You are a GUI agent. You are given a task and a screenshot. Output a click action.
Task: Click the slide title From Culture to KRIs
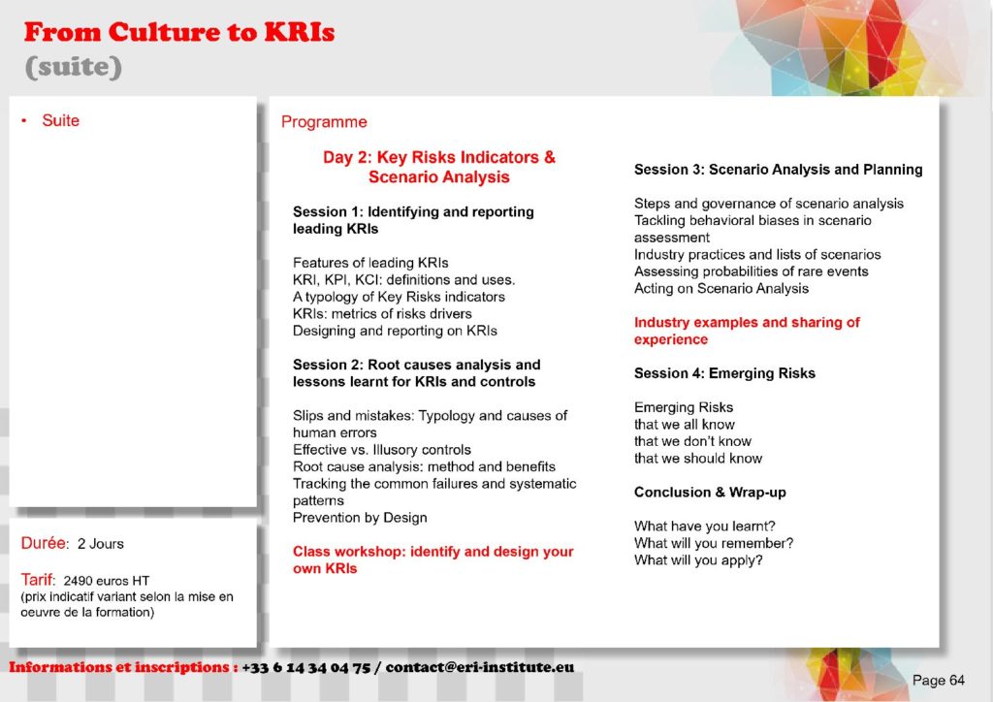179,32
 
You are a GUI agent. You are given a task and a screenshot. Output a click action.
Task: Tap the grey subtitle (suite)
74,67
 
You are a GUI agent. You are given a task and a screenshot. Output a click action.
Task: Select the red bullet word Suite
61,120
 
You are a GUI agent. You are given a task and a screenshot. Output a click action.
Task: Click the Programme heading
324,121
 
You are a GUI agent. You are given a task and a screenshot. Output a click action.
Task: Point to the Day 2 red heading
439,167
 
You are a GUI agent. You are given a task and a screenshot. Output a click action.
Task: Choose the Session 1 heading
413,220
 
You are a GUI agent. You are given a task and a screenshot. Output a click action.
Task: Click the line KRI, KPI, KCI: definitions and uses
404,280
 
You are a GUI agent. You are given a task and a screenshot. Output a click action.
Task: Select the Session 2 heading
416,373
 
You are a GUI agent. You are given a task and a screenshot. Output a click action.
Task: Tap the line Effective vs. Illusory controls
382,450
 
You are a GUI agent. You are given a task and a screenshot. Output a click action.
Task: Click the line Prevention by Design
360,518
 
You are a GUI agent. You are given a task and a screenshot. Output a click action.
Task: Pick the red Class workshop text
433,559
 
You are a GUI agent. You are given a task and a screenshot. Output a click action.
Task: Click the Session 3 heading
779,170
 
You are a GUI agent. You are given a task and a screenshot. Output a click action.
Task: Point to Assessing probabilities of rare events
752,271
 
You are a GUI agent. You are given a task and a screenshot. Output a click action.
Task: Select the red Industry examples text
747,331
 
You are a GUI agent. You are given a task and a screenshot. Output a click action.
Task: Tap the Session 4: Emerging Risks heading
724,373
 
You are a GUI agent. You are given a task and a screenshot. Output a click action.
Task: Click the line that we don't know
692,441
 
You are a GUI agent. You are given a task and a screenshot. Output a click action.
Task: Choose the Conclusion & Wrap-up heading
710,493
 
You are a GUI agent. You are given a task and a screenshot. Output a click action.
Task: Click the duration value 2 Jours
101,544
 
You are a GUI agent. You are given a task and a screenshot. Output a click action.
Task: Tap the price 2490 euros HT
107,581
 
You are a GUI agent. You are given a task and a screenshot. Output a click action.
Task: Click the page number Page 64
939,681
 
